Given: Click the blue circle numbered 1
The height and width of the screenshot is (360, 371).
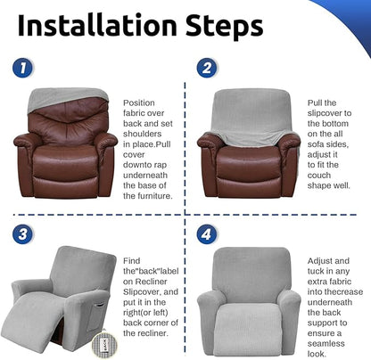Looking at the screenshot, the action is [x=22, y=68].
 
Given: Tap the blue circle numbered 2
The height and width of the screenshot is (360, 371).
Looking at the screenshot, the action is [x=207, y=68].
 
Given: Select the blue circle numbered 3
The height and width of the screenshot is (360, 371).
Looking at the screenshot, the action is [x=22, y=233].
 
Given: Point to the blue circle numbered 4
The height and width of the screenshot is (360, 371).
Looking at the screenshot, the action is [x=207, y=233].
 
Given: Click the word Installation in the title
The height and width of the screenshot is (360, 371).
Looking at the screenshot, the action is [x=97, y=25].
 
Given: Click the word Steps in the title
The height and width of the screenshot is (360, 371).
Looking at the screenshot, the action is [x=225, y=27].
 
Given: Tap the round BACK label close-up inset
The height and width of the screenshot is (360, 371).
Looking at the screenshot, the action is [x=104, y=345].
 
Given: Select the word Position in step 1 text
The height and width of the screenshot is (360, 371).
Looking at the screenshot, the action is [x=139, y=103].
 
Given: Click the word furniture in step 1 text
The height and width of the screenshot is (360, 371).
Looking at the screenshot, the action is [x=153, y=196].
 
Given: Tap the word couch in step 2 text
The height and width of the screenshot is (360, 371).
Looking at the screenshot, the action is [x=319, y=176].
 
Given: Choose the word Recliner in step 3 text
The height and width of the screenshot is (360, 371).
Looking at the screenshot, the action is [x=151, y=282].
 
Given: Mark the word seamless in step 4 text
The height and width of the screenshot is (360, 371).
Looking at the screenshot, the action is [x=326, y=344].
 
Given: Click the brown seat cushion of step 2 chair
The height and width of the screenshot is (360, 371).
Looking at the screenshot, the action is [x=248, y=162].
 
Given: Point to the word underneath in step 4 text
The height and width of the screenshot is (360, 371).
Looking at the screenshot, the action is [x=330, y=302].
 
